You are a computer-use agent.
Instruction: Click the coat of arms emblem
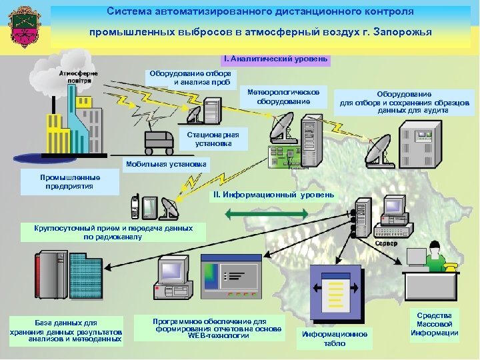pyautogui.click(x=25, y=28)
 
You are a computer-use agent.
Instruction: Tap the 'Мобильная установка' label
pyautogui.click(x=166, y=164)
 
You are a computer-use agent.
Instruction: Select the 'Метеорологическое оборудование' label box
pyautogui.click(x=283, y=97)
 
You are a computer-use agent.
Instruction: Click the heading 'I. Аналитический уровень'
pyautogui.click(x=276, y=59)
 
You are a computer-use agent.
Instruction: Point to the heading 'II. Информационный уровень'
pyautogui.click(x=273, y=195)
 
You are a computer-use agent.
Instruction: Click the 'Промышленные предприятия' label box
pyautogui.click(x=70, y=182)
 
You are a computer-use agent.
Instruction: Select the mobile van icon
pyautogui.click(x=160, y=141)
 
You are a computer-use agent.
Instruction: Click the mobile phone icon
pyautogui.click(x=135, y=206)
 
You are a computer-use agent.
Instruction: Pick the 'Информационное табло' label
pyautogui.click(x=335, y=339)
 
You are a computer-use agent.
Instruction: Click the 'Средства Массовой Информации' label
pyautogui.click(x=434, y=324)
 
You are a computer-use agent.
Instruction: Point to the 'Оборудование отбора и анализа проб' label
pyautogui.click(x=191, y=78)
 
